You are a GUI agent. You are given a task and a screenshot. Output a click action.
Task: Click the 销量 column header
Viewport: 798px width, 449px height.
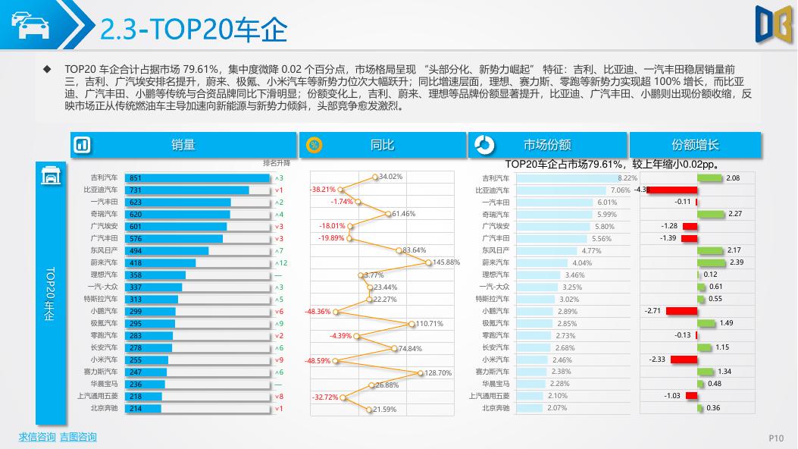[x=183, y=145]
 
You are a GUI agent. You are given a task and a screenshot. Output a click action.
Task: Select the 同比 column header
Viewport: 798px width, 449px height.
[x=382, y=145]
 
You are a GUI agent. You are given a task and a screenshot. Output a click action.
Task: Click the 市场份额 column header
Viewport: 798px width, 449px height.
[x=547, y=145]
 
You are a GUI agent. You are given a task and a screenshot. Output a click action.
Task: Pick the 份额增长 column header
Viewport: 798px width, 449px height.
[x=695, y=145]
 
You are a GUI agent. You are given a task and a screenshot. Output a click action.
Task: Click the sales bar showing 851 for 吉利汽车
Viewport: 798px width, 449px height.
[x=196, y=178]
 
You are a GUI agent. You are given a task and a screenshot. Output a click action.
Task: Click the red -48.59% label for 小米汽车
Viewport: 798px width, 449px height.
[x=318, y=361]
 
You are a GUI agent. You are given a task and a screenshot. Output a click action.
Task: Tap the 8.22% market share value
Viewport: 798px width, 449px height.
[x=628, y=178]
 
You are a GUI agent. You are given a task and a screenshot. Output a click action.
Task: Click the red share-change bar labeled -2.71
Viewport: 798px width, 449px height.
[x=681, y=311]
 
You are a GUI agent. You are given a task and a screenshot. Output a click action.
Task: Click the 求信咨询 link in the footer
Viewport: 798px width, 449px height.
[x=37, y=437]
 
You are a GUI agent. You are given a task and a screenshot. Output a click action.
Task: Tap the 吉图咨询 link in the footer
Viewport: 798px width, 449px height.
[x=78, y=437]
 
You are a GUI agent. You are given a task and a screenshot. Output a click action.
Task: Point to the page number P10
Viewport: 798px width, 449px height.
[x=776, y=438]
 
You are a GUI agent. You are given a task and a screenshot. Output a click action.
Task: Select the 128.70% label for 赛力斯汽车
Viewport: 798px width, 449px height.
[x=437, y=373]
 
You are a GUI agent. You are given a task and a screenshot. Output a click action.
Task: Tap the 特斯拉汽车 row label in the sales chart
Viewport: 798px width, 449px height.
[x=100, y=300]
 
